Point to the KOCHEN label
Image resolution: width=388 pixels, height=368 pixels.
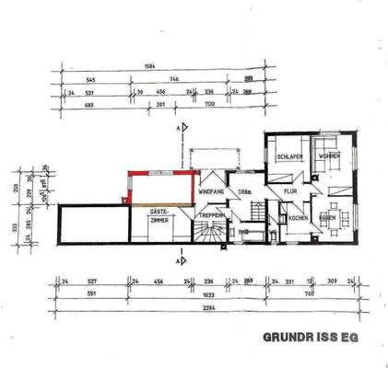(x=296, y=218)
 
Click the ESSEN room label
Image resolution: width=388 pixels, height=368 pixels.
(x=327, y=217)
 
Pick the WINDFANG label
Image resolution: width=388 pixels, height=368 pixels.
(x=211, y=190)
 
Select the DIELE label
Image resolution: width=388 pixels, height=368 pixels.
(x=245, y=191)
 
